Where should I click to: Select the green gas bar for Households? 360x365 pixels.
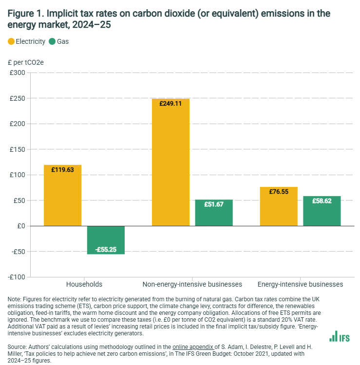(106, 240)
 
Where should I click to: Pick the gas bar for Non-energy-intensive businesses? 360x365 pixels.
(214, 213)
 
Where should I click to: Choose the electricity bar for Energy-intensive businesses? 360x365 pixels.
(279, 206)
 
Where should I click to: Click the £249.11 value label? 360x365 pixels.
(171, 103)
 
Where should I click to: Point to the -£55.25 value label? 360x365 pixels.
(106, 249)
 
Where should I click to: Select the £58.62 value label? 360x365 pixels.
(322, 201)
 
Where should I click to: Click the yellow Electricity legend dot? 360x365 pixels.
(11, 41)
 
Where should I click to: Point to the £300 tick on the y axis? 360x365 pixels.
(18, 73)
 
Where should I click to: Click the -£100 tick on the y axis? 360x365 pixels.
(17, 277)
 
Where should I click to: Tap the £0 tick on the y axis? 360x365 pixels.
(21, 226)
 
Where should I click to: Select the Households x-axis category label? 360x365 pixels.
(84, 284)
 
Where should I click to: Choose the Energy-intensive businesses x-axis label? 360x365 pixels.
(300, 284)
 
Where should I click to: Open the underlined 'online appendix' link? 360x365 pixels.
(189, 347)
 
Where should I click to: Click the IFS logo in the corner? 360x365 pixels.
(339, 336)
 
